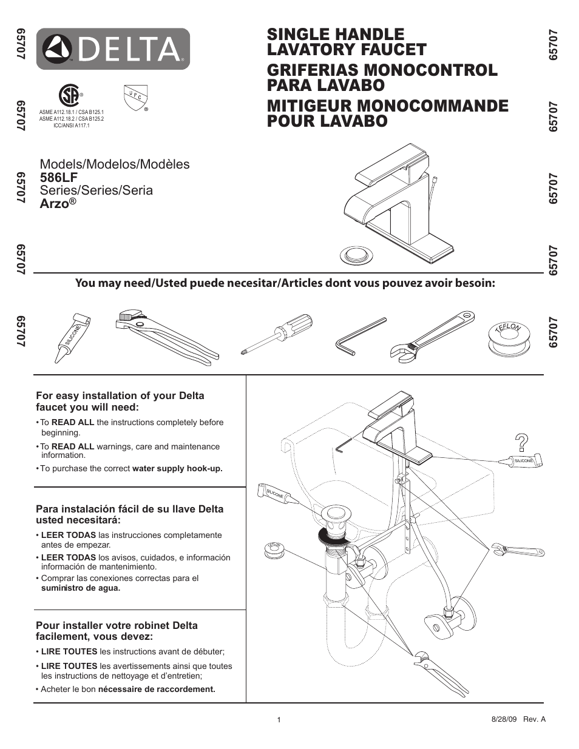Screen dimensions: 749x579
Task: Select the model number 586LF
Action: coord(59,178)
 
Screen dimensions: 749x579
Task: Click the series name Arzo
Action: coord(54,204)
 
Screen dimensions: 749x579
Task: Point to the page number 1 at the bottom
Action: coord(279,720)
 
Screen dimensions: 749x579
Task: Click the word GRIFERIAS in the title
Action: coord(319,70)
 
